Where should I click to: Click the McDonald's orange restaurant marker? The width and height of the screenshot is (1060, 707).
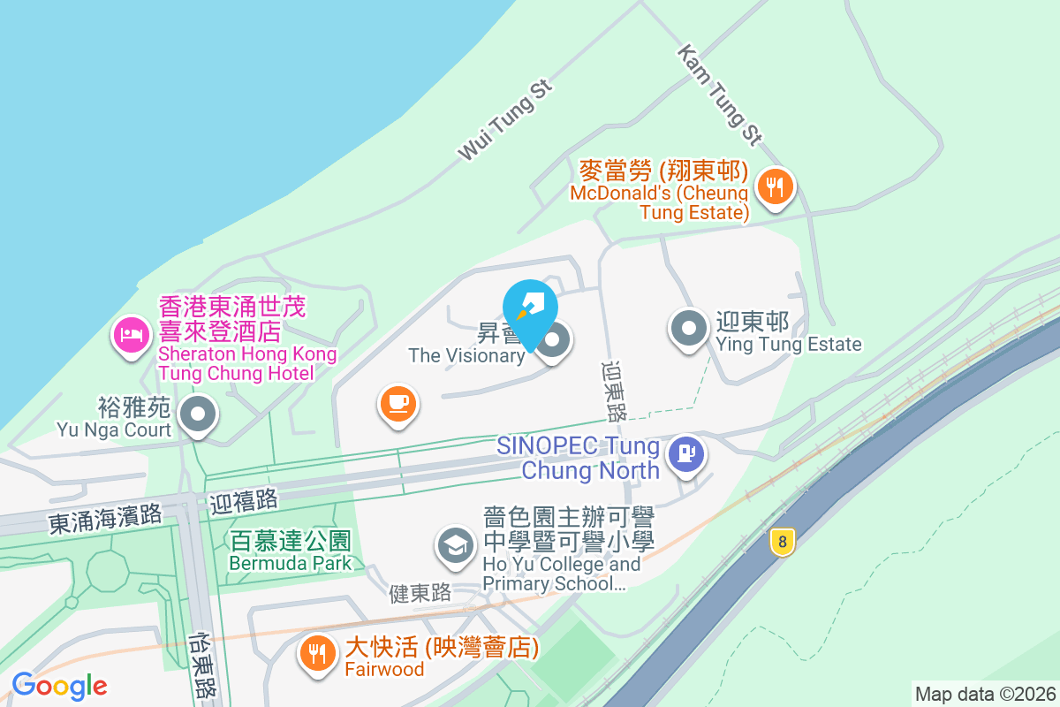pos(775,187)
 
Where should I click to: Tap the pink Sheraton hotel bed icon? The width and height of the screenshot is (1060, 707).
pos(131,334)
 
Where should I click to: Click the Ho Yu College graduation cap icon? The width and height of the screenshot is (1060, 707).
pos(457,545)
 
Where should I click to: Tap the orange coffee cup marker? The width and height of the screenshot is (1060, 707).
pos(397,404)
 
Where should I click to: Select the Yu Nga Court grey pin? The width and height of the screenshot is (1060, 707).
pos(197,413)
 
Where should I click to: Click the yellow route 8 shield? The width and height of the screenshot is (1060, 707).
pos(782,542)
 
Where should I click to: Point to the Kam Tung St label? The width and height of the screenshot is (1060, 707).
pos(719,95)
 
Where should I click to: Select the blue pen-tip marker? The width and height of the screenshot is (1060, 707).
pos(529,308)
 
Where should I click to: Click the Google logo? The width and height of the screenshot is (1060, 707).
pos(59,686)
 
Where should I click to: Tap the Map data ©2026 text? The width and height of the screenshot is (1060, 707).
pos(985,694)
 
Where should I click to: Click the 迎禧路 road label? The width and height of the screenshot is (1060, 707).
pos(244,501)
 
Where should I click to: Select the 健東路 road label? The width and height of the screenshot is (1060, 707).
pos(420,594)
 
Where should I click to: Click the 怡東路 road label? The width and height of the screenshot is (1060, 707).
pos(202,664)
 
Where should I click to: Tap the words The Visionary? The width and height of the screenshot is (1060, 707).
pos(466,355)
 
